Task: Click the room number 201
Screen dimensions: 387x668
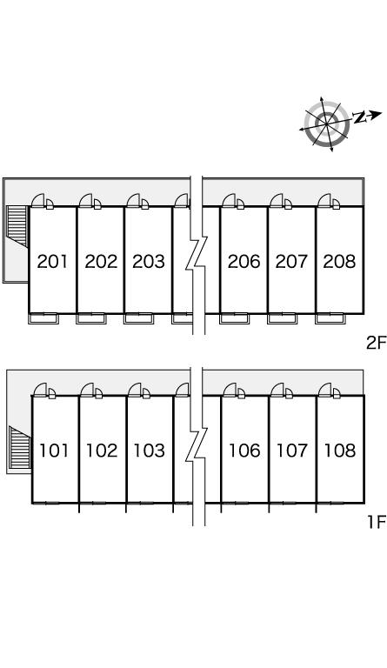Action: click(52, 261)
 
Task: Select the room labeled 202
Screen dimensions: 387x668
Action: click(101, 261)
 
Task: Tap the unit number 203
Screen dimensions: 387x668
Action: click(149, 261)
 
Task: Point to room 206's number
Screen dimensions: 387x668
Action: click(244, 261)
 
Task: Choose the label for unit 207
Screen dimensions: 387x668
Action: click(291, 261)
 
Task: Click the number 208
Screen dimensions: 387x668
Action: click(339, 261)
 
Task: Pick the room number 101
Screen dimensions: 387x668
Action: click(54, 451)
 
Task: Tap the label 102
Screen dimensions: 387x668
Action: click(102, 451)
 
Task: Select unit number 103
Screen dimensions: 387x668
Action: click(150, 451)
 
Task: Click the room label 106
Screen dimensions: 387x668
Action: click(244, 451)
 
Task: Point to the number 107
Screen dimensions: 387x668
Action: click(292, 451)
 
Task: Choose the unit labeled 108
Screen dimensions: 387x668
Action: click(340, 451)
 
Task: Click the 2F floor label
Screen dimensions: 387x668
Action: click(376, 342)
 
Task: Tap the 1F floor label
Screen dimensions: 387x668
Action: click(377, 521)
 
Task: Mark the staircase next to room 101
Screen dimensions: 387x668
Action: click(20, 447)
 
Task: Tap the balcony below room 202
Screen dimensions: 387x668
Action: click(91, 318)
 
